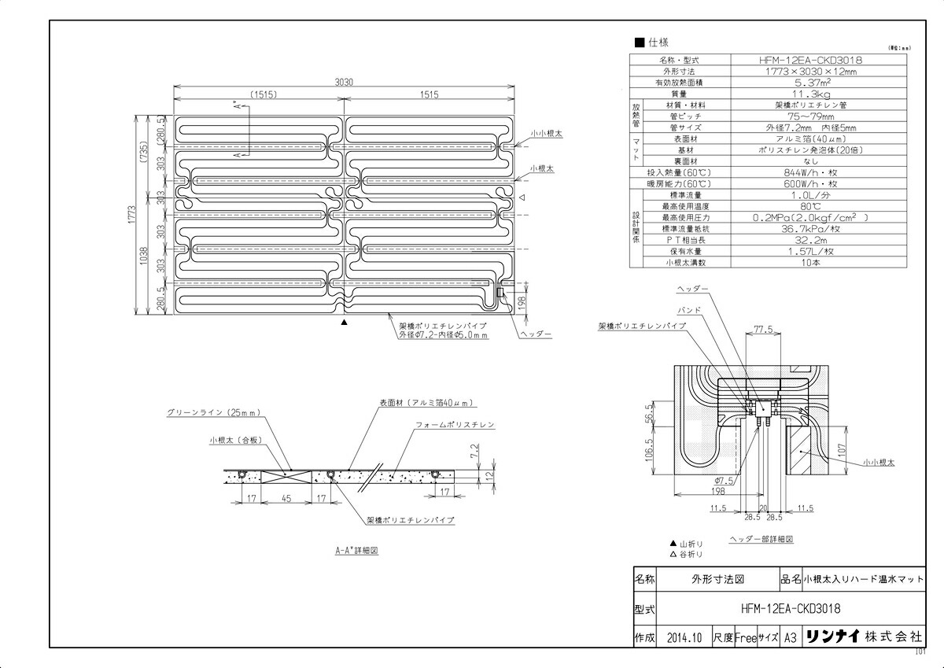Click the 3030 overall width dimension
pyautogui.click(x=345, y=81)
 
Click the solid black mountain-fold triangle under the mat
pyautogui.click(x=343, y=323)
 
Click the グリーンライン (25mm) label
pyautogui.click(x=212, y=412)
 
